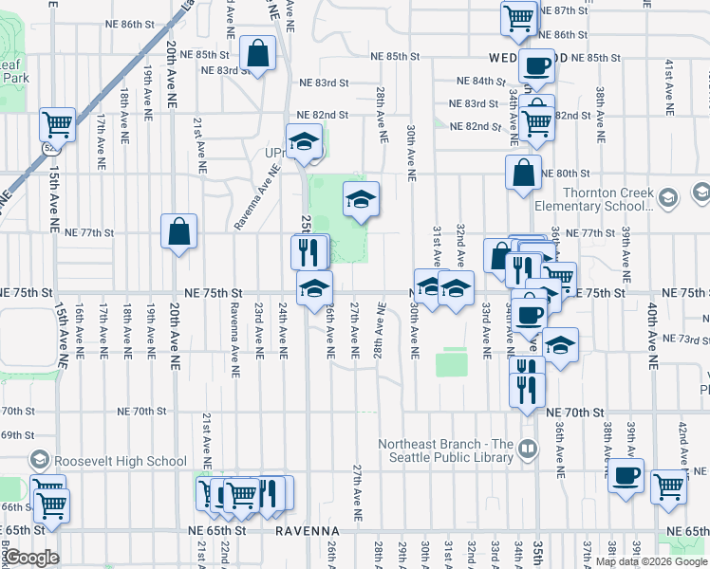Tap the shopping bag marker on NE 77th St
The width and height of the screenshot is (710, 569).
click(178, 230)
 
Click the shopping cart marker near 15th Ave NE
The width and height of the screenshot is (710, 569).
click(57, 124)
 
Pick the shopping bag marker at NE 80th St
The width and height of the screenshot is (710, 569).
click(523, 173)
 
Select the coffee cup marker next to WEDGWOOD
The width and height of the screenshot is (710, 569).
click(537, 65)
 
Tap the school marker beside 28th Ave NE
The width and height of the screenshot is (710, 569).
click(361, 198)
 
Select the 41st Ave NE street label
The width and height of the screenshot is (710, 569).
click(670, 82)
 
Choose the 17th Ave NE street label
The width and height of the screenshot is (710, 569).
click(101, 137)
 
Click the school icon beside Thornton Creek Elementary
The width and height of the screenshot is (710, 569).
click(667, 197)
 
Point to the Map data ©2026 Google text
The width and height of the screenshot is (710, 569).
click(651, 561)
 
